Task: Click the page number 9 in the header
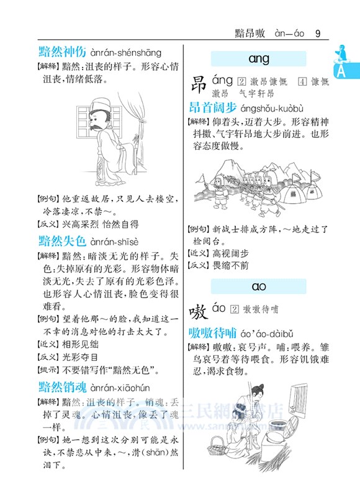(318, 33)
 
